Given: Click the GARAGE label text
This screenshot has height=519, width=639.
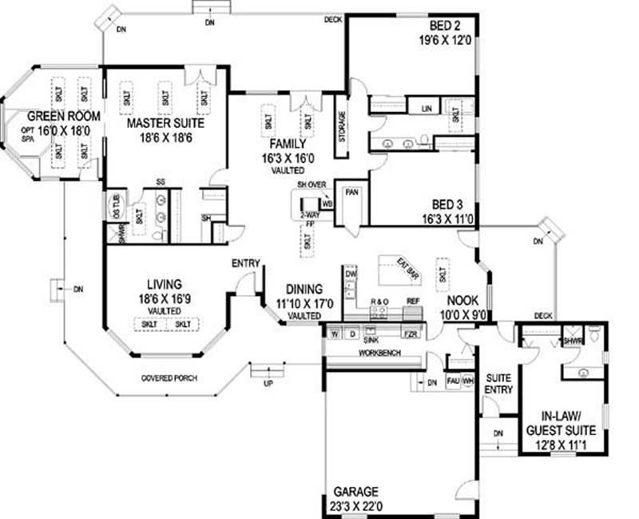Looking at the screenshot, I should tap(357, 492).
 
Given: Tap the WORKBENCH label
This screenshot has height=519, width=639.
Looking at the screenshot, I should tap(379, 352).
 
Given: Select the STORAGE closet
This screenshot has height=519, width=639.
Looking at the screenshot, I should tap(342, 127).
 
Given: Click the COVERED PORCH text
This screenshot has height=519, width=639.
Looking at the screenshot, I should tap(169, 378).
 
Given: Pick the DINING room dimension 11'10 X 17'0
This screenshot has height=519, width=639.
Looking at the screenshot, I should tap(298, 303).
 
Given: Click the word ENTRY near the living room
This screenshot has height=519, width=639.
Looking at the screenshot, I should tap(243, 264).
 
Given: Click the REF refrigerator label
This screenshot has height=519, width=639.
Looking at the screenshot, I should tap(413, 301).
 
